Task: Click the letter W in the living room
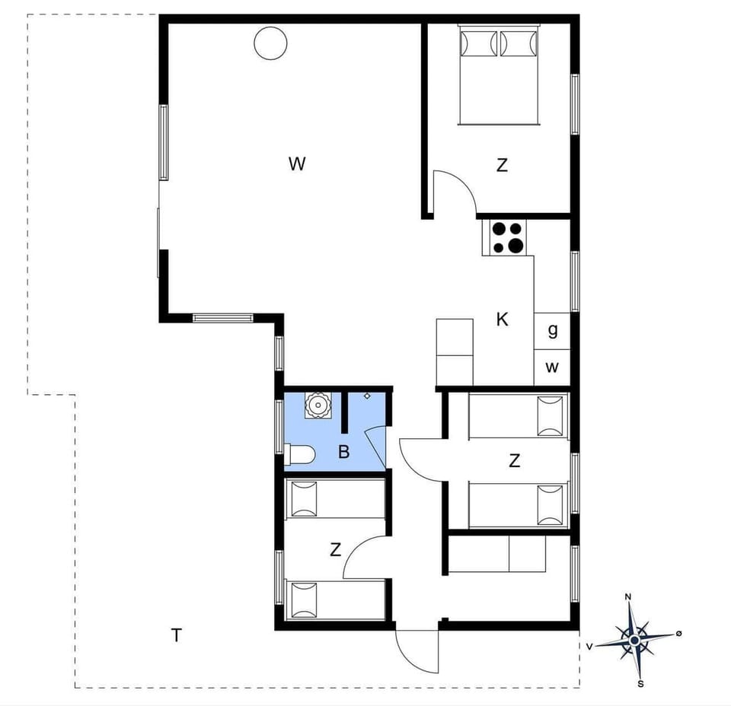click(297, 164)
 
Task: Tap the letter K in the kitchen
click(502, 320)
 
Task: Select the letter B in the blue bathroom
click(343, 453)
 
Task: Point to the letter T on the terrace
click(177, 635)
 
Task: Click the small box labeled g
click(552, 331)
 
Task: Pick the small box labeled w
click(552, 367)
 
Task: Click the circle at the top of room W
click(270, 43)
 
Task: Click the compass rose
click(634, 640)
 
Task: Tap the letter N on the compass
click(628, 597)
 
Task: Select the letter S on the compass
click(640, 683)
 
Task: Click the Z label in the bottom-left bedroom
click(336, 550)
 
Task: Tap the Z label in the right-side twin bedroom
click(515, 460)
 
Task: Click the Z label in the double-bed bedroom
click(502, 164)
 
